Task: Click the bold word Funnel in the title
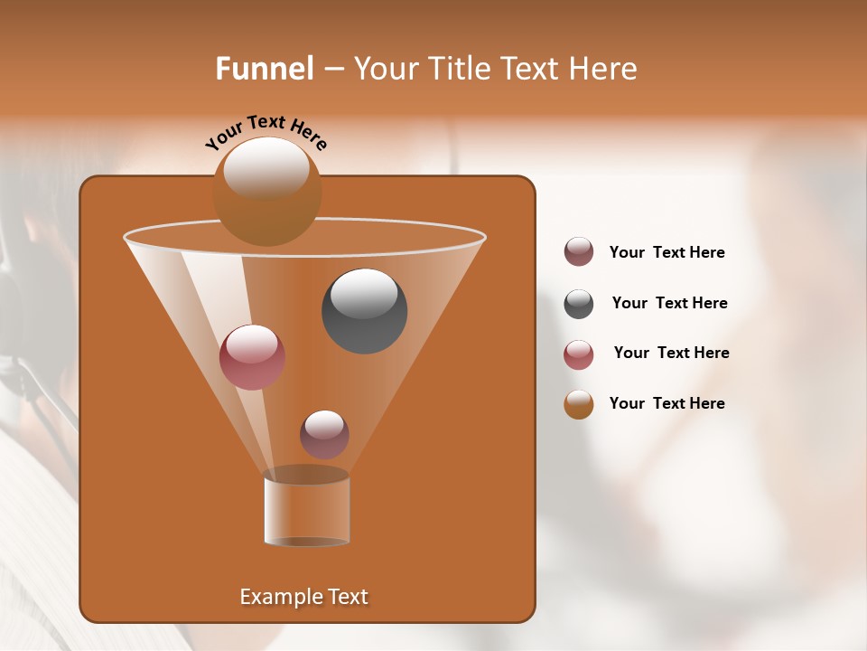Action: click(x=264, y=69)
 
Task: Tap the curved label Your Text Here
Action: click(x=266, y=133)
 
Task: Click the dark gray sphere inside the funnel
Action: click(x=364, y=311)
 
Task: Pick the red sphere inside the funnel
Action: click(x=252, y=357)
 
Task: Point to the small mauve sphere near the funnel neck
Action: click(x=324, y=435)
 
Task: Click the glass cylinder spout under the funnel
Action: click(x=306, y=509)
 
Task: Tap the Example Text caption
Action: click(x=303, y=597)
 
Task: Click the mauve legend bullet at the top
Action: click(x=579, y=252)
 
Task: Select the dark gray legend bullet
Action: click(x=579, y=304)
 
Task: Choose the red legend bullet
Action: click(x=579, y=354)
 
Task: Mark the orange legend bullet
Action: click(x=579, y=404)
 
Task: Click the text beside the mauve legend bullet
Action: click(x=667, y=253)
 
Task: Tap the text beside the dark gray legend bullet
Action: click(x=669, y=304)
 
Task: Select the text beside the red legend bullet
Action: click(x=671, y=354)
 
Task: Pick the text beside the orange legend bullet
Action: click(x=667, y=403)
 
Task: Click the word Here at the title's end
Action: click(x=605, y=69)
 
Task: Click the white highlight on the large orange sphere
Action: click(x=266, y=167)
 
